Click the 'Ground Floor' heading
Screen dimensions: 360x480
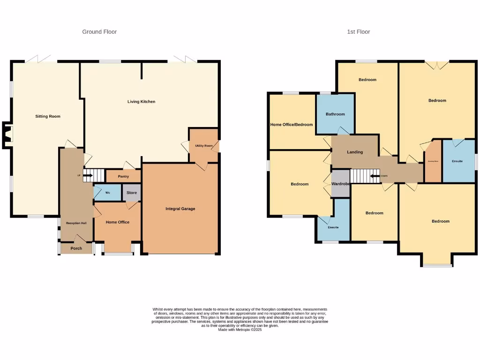pyautogui.click(x=99, y=32)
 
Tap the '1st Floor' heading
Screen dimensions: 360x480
pyautogui.click(x=358, y=32)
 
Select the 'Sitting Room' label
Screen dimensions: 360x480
pyautogui.click(x=48, y=116)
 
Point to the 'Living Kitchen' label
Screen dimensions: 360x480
pyautogui.click(x=142, y=102)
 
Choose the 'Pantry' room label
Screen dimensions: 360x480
pyautogui.click(x=123, y=177)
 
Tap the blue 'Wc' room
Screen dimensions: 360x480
pyautogui.click(x=107, y=193)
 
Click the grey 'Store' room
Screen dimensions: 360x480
pyautogui.click(x=132, y=193)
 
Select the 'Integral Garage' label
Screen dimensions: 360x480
pyautogui.click(x=180, y=209)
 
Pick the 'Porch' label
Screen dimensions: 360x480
pyautogui.click(x=76, y=248)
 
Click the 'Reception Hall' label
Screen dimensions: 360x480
pyautogui.click(x=76, y=223)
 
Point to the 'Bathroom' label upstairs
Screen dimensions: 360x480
pyautogui.click(x=335, y=114)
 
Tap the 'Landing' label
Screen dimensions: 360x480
pyautogui.click(x=355, y=152)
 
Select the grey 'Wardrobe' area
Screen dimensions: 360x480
pyautogui.click(x=341, y=184)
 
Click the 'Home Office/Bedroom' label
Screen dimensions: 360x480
pyautogui.click(x=292, y=125)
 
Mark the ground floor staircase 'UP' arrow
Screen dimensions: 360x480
pyautogui.click(x=87, y=176)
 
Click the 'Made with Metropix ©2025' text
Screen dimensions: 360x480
pyautogui.click(x=240, y=330)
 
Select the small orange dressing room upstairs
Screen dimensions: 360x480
pyautogui.click(x=433, y=162)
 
